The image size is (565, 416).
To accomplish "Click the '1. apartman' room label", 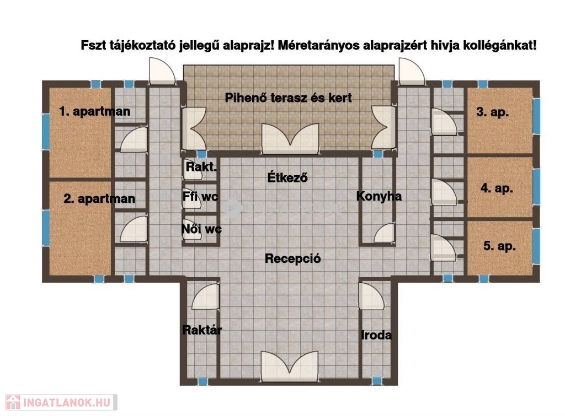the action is pyautogui.click(x=95, y=111).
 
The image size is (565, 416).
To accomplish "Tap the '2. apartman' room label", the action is pyautogui.click(x=99, y=199).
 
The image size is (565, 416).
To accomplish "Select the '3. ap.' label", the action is pyautogui.click(x=493, y=112).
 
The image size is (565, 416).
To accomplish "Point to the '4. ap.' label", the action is pyautogui.click(x=497, y=188).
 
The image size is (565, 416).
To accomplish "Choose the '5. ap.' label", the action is pyautogui.click(x=499, y=246).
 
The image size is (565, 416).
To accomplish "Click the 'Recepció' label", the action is pyautogui.click(x=292, y=259).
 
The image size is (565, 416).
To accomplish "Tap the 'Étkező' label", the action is pyautogui.click(x=287, y=177).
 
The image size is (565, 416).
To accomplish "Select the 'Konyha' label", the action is pyautogui.click(x=379, y=197).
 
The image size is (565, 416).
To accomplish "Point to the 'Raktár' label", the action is pyautogui.click(x=202, y=330).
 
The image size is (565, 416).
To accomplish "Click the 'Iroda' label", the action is pyautogui.click(x=376, y=336).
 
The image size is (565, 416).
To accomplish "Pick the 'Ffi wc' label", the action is pyautogui.click(x=200, y=197).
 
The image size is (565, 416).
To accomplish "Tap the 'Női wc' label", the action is pyautogui.click(x=201, y=229).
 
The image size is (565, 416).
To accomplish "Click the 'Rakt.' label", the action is pyautogui.click(x=201, y=167).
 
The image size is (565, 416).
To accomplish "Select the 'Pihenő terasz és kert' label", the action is pyautogui.click(x=288, y=98).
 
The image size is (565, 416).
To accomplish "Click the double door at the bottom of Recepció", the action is pyautogui.click(x=290, y=366).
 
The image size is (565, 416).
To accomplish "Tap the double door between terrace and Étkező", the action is pyautogui.click(x=290, y=138).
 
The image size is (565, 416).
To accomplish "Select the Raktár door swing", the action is pyautogui.click(x=205, y=296).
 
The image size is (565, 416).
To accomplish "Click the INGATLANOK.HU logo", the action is pyautogui.click(x=61, y=402).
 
